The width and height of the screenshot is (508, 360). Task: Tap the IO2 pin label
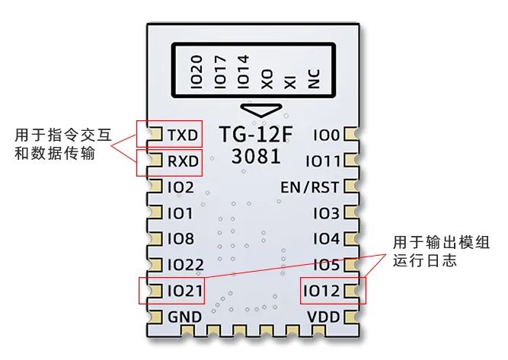pos(181,187)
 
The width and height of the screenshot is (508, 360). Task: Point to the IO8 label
pos(181,238)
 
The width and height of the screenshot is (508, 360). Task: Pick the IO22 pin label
pos(184,265)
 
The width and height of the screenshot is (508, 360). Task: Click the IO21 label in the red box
pos(184,291)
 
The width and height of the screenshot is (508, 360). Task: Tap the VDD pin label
pos(322,317)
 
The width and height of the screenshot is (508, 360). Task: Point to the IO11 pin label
pos(323,161)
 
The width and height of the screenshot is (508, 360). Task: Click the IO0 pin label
pos(325,135)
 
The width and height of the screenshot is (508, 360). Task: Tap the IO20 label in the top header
pos(196,72)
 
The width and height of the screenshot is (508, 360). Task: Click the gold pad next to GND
pos(154,317)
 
